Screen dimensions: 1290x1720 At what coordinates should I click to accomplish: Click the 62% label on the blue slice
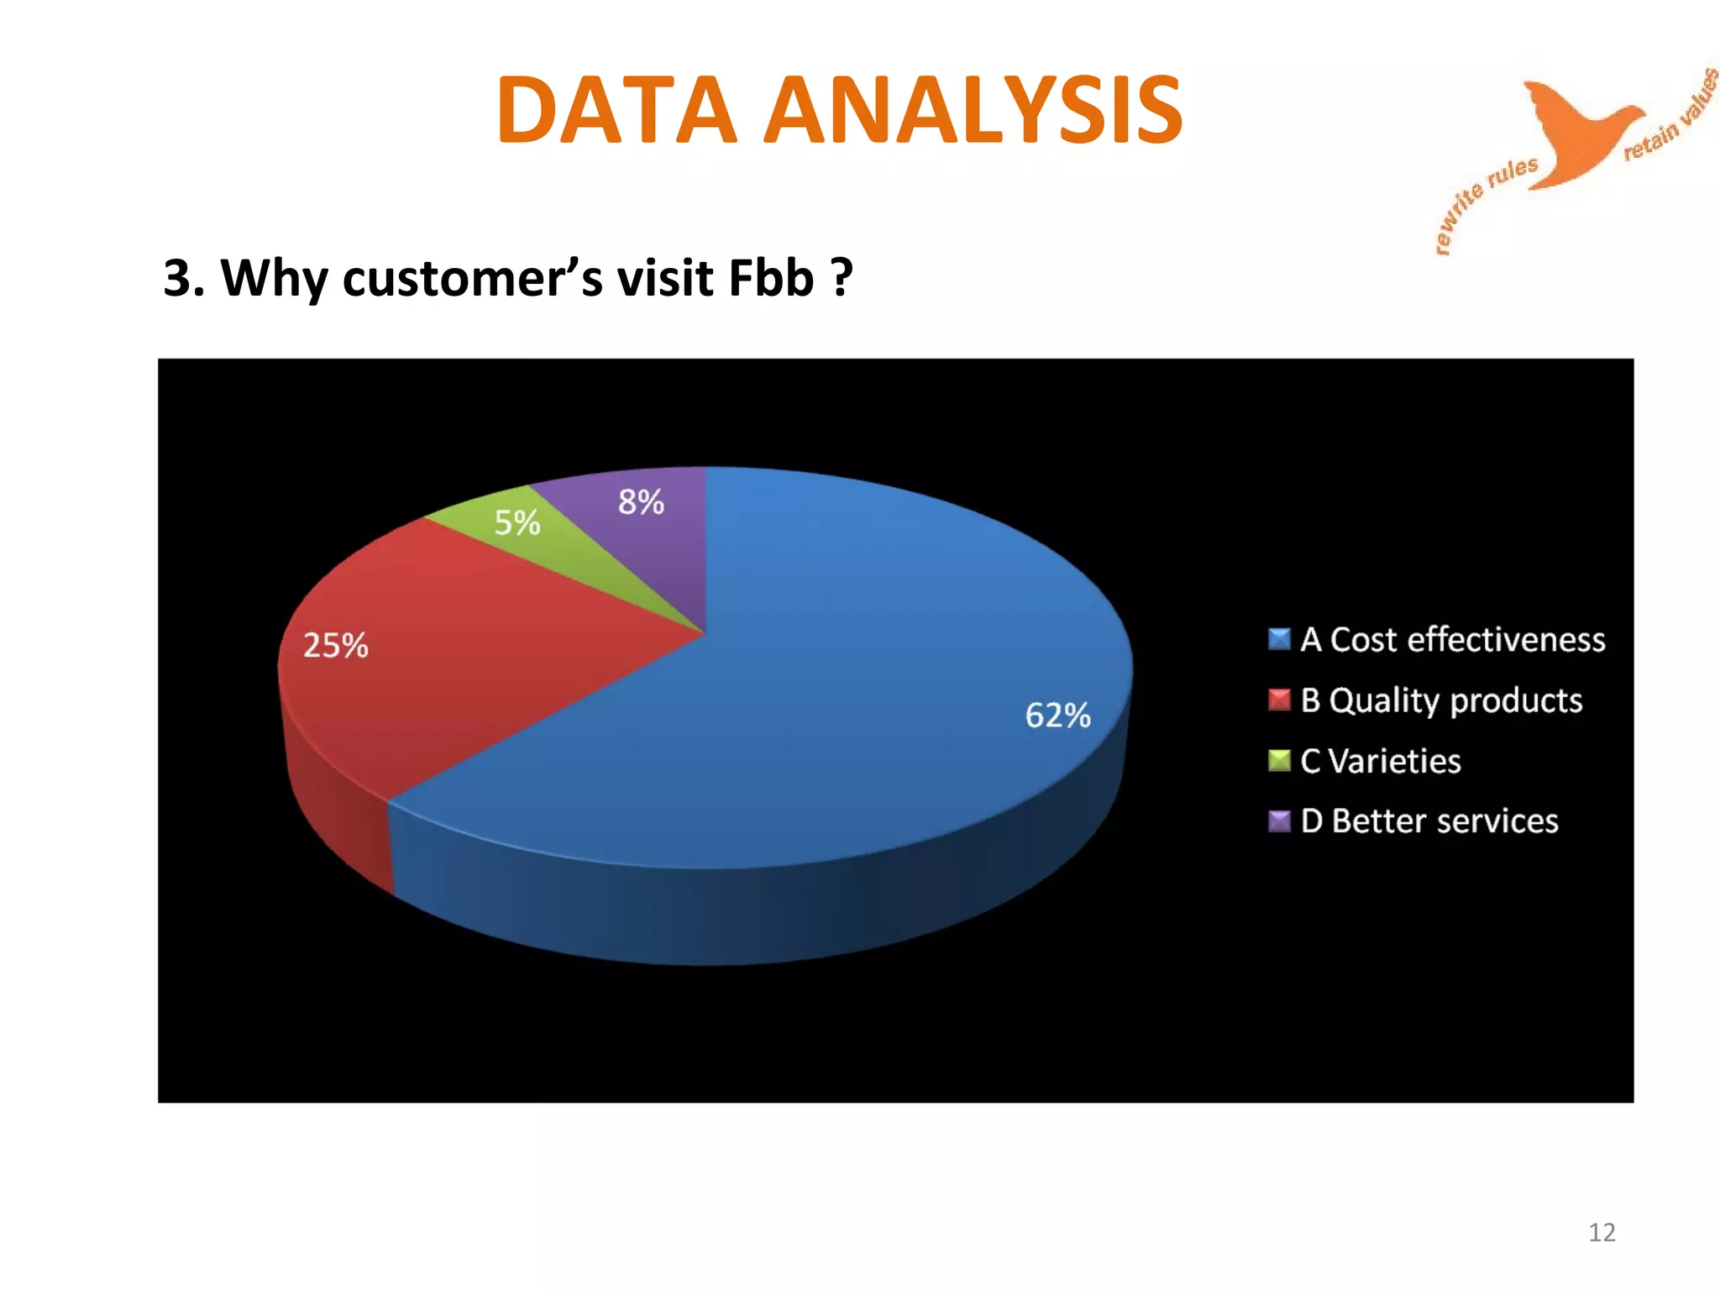[x=1057, y=716]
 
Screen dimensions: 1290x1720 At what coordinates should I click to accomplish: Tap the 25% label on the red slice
[x=335, y=646]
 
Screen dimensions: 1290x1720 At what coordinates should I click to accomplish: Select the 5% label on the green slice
[x=517, y=523]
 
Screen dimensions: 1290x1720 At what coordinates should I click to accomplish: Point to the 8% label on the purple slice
[x=641, y=502]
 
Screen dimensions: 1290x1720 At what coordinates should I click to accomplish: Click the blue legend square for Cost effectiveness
[x=1279, y=639]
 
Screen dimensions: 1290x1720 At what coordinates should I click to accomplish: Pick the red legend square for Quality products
[x=1279, y=700]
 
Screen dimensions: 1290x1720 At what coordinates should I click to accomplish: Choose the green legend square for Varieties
[x=1279, y=761]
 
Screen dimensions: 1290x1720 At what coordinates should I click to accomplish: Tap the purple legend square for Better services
[x=1279, y=821]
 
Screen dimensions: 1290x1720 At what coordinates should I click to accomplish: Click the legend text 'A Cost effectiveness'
[x=1452, y=640]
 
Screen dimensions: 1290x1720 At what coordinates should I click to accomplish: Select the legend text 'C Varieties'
[x=1381, y=761]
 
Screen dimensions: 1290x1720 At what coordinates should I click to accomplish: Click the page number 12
[x=1602, y=1232]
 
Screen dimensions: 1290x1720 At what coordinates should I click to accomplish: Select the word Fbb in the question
[x=771, y=277]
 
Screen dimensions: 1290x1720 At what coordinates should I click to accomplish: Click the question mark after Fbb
[x=842, y=277]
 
